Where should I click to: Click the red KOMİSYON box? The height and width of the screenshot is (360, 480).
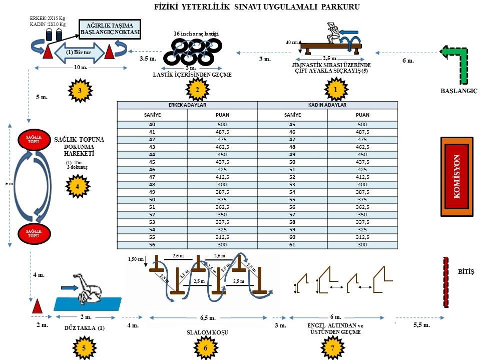click(456, 176)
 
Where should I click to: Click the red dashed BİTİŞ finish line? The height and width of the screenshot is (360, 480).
click(445, 282)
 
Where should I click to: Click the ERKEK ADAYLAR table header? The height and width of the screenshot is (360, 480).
click(187, 105)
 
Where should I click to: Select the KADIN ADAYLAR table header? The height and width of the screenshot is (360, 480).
click(327, 105)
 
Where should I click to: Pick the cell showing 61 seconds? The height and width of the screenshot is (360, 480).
click(292, 245)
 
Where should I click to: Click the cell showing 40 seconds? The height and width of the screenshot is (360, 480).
click(152, 124)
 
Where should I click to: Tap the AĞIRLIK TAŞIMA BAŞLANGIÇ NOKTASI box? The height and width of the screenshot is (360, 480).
click(110, 30)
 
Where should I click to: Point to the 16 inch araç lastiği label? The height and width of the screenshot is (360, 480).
click(196, 33)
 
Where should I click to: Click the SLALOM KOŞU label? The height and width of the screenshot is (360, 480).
click(200, 332)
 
